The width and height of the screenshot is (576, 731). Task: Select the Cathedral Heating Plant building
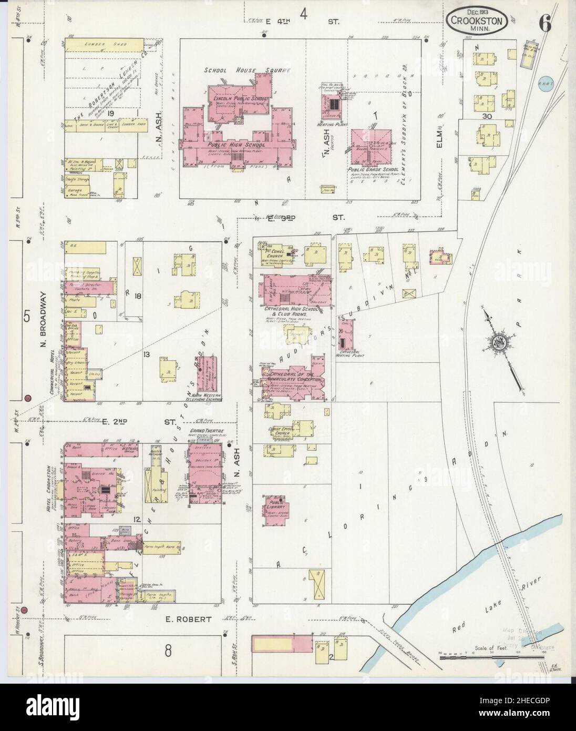[x=346, y=334]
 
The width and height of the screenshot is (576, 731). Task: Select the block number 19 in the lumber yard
[x=110, y=113]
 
